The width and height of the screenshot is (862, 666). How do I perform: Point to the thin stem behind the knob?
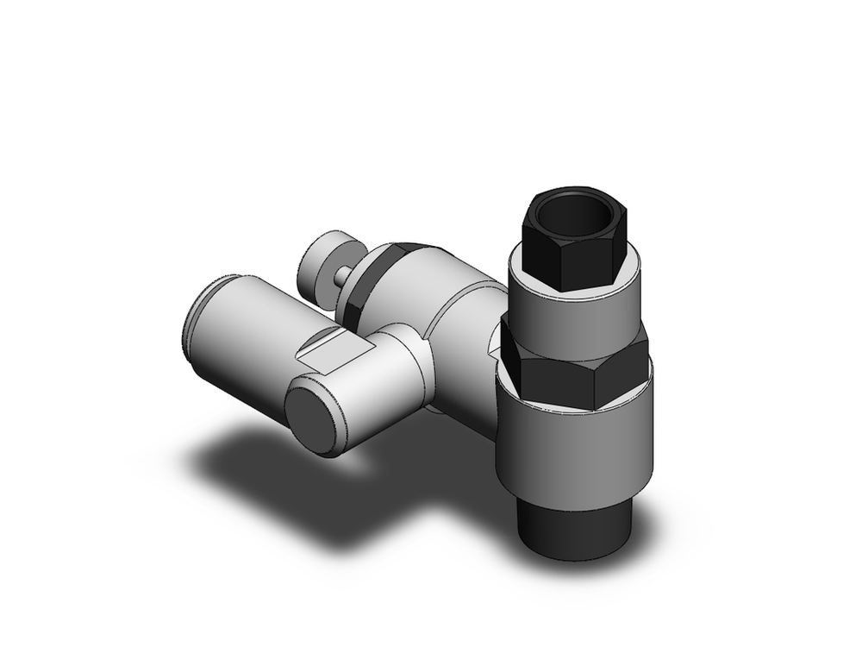[x=344, y=275]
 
